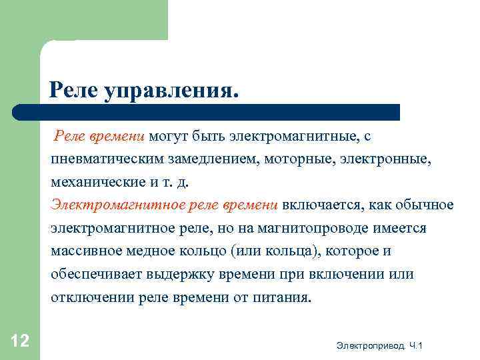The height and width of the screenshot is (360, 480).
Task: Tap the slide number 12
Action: click(20, 341)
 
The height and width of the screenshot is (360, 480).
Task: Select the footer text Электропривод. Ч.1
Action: click(380, 345)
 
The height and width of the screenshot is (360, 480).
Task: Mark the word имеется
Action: click(399, 228)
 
